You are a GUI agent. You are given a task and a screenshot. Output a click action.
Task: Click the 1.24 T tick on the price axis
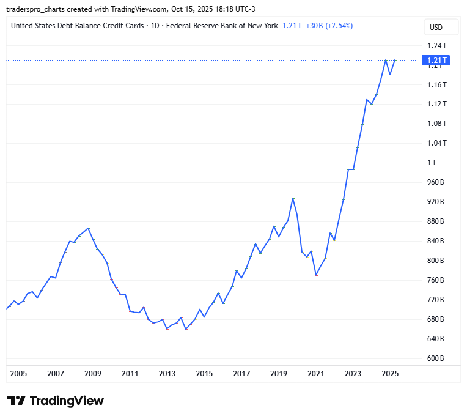point(436,46)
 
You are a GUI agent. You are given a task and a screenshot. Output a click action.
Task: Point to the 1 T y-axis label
point(432,163)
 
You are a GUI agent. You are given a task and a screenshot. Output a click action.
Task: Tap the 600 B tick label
point(436,358)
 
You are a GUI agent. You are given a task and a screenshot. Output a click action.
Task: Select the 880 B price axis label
point(436,221)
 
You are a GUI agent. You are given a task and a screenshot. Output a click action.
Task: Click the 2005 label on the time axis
point(18,373)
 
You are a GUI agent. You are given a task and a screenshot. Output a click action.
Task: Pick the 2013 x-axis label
point(167,373)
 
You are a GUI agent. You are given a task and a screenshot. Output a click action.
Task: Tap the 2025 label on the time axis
point(390,373)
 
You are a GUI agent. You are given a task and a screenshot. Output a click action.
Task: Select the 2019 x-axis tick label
point(279,373)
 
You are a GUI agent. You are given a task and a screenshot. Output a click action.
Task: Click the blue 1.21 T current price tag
point(436,60)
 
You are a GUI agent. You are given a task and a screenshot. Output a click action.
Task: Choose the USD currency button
point(436,27)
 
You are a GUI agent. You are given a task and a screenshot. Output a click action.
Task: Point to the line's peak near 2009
point(89,228)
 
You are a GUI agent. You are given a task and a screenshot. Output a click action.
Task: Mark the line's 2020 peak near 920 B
point(293,198)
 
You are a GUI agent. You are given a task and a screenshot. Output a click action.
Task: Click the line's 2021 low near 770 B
point(316,275)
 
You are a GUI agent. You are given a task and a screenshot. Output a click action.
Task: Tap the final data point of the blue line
point(395,60)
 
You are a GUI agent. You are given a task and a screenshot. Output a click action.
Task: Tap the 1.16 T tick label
point(436,84)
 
